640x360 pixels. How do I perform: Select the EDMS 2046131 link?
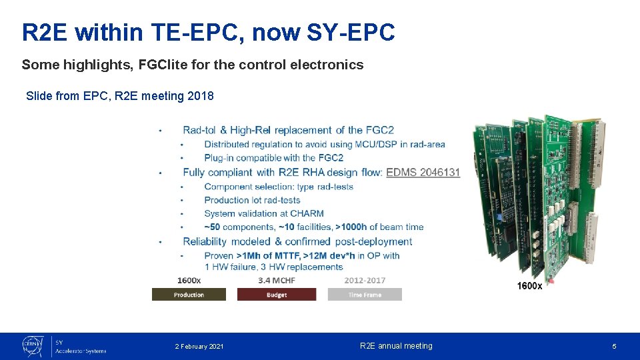point(423,172)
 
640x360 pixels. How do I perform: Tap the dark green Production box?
point(189,295)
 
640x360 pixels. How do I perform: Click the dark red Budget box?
point(276,295)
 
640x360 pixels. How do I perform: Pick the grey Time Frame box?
point(365,295)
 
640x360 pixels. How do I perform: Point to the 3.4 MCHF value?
point(277,281)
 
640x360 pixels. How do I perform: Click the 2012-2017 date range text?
point(365,281)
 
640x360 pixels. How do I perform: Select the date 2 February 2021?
point(199,347)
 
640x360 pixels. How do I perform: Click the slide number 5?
point(614,347)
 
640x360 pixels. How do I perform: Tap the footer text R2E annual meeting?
point(396,346)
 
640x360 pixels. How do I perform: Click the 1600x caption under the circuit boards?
point(529,286)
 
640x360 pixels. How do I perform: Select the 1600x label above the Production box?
point(189,281)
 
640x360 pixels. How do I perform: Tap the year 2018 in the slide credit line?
point(201,96)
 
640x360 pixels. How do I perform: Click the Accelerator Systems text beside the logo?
point(81,351)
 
